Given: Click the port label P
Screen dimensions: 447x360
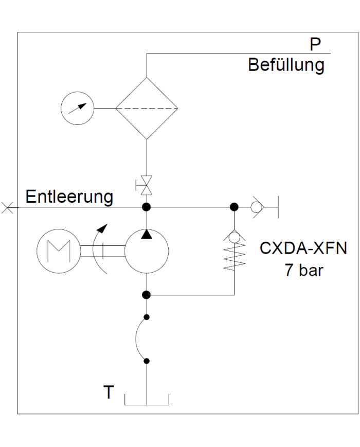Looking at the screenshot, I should [316, 45].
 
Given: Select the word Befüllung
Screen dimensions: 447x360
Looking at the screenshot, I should [286, 66].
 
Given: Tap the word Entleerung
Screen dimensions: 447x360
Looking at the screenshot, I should [69, 198].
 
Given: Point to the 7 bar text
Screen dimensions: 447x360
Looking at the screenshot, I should [304, 270].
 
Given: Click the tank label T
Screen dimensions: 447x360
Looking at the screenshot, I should [108, 392].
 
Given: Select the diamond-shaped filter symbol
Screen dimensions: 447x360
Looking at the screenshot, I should [147, 109].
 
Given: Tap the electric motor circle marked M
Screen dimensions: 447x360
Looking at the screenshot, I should [57, 251].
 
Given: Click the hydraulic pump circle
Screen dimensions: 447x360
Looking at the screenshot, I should [147, 252].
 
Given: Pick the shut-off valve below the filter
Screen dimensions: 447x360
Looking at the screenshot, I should [147, 185].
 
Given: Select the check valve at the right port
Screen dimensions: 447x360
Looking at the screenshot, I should [256, 207].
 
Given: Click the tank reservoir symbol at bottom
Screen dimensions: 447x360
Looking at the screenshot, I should [147, 400].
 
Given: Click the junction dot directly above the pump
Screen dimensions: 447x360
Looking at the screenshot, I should [147, 207].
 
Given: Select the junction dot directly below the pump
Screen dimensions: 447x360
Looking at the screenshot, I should [147, 295].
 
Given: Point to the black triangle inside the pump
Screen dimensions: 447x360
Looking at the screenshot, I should [147, 235].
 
